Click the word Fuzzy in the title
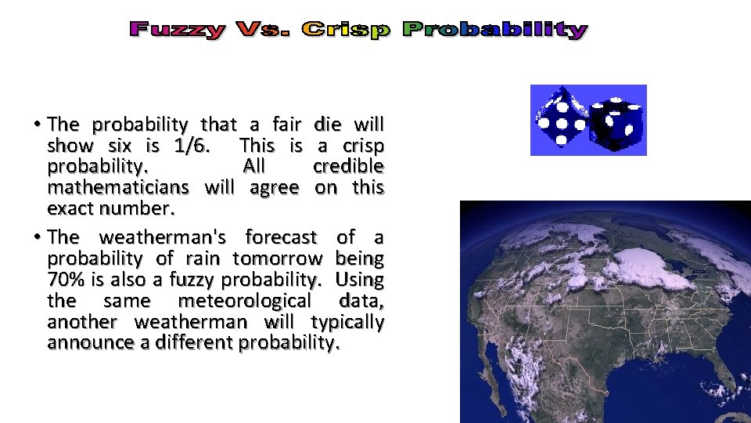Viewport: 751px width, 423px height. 178,30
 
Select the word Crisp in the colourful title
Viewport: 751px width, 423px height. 346,30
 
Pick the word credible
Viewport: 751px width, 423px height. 348,167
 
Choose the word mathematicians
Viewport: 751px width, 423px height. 118,188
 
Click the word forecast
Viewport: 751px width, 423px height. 281,237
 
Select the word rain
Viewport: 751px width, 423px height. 205,258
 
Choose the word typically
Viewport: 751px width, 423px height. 347,322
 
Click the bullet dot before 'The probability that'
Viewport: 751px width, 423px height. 38,125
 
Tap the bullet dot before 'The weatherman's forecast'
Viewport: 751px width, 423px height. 38,237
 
